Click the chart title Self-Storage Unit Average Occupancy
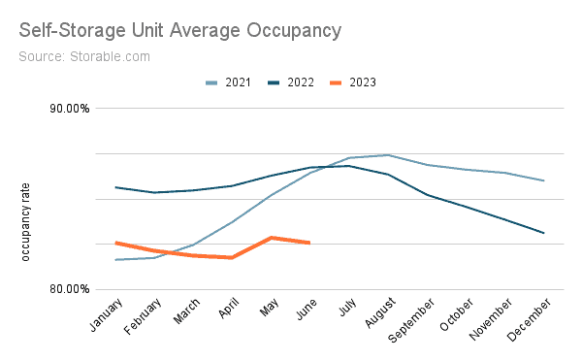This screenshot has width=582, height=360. click(x=180, y=30)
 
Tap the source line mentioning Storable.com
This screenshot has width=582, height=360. click(x=84, y=57)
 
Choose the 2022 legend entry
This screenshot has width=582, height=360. click(x=290, y=82)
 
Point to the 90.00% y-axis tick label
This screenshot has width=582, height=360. click(x=69, y=109)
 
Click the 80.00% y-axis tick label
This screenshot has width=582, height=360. click(x=69, y=289)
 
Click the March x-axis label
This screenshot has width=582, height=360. click(x=181, y=312)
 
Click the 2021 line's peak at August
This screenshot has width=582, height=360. click(x=388, y=155)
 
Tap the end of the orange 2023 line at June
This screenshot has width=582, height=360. click(x=309, y=243)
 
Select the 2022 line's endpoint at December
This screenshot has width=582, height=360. click(x=543, y=233)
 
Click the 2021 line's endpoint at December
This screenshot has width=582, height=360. click(x=543, y=180)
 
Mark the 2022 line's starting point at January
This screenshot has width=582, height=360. click(x=115, y=187)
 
